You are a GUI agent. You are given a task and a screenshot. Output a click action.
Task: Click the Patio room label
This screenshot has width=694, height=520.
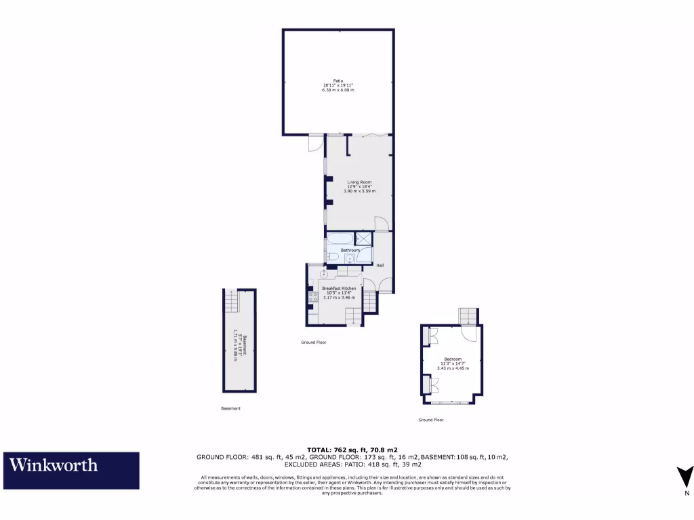[338, 81]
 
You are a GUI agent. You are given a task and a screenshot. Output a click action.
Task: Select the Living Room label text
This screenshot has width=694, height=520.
[360, 182]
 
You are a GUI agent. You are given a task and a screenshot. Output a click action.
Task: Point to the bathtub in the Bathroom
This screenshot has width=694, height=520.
[340, 238]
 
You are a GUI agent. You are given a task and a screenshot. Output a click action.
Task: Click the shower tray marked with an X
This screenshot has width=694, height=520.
[364, 238]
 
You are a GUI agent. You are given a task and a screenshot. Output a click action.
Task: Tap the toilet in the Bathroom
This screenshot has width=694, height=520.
[333, 257]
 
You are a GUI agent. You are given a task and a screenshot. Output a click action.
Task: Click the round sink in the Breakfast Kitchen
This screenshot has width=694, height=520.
[324, 275]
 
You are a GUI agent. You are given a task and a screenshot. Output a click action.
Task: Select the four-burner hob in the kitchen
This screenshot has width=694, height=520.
[313, 296]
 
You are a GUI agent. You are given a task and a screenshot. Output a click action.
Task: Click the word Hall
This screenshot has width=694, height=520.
[380, 265]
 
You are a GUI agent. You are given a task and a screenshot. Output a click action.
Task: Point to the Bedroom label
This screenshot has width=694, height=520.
[453, 359]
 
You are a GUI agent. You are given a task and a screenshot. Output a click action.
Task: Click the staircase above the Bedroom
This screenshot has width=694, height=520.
[468, 316]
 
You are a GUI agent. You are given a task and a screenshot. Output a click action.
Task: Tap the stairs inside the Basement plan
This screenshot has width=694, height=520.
[232, 301]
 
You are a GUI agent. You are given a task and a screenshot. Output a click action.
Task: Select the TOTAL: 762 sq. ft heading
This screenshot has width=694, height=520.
[352, 450]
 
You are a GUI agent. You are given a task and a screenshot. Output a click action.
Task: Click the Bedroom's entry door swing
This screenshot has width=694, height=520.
[468, 333]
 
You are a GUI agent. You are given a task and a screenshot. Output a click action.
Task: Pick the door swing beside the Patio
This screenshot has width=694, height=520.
[316, 144]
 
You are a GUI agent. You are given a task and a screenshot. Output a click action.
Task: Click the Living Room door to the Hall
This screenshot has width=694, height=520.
[382, 224]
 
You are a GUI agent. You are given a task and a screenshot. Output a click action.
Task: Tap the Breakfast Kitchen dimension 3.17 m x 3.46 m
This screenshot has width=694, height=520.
[339, 297]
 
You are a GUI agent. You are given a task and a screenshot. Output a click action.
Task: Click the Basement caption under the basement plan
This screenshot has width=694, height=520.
[230, 408]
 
